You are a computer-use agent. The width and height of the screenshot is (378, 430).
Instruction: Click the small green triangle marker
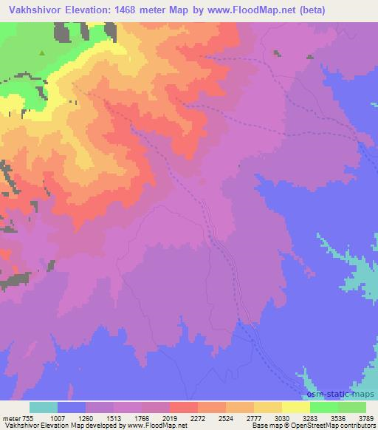coord(42,53)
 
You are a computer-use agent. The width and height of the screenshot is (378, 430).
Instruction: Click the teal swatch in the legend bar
coord(44,407)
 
